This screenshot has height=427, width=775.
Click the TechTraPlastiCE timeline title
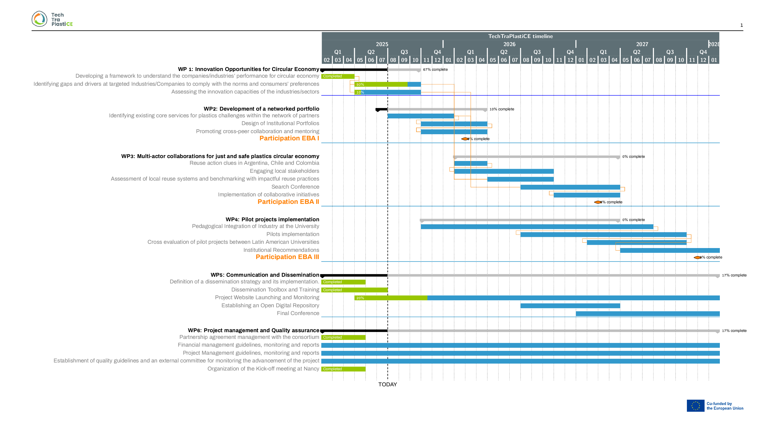520,36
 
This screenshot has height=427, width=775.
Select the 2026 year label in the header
509,44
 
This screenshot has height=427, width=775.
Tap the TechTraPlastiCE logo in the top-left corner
52,19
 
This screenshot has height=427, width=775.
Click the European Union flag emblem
695,406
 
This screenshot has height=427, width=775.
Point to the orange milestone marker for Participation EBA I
465,139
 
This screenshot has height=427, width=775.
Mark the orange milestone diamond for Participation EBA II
597,202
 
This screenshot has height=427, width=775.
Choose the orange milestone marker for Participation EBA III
697,258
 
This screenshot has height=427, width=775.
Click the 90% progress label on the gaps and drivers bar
360,85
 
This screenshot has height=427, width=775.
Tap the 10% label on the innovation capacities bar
360,92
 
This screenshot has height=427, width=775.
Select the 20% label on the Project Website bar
360,298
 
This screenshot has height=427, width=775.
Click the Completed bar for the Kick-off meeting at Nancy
343,369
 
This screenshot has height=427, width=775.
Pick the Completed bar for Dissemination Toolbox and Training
354,290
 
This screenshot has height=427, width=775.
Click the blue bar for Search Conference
570,187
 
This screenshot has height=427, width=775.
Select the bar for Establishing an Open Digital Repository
570,306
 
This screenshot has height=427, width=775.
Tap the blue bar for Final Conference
648,314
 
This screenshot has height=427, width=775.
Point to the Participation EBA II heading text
288,202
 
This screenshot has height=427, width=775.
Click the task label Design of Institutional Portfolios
280,123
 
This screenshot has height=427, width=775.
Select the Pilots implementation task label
292,234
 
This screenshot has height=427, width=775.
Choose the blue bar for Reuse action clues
471,163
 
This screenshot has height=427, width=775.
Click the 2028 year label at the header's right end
714,44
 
